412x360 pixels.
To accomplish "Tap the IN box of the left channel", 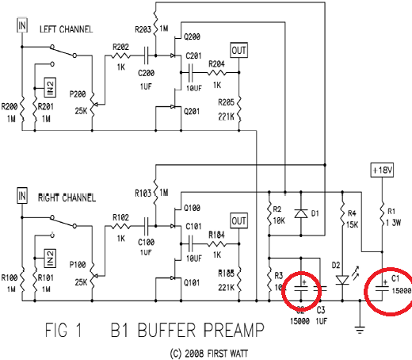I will pos(22,25).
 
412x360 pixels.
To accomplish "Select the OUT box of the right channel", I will pos(238,220).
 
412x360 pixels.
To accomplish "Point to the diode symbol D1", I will pos(299,213).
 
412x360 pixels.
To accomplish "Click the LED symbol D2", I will pos(342,279).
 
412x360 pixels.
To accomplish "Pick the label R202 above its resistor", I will pos(121,48).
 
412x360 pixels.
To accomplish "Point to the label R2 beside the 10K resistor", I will pos(277,211).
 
